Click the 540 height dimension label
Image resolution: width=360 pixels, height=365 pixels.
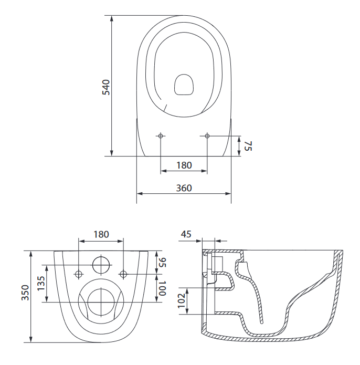coord(105,87)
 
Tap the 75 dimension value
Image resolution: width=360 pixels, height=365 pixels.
coord(248,146)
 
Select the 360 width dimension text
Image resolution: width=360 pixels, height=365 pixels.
coord(184,187)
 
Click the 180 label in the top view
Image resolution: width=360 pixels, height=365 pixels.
coord(184,165)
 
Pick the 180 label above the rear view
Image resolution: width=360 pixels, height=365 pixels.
coord(101,234)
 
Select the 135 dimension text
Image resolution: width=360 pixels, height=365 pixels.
coord(41,284)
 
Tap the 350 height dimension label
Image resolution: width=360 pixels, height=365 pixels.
coord(25,294)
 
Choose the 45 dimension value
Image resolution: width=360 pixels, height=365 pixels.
coord(186,234)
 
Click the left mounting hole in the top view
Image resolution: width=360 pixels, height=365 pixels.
coord(161,137)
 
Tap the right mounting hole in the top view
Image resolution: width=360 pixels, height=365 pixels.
coord(207,137)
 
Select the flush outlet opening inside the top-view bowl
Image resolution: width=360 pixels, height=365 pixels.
coord(184,85)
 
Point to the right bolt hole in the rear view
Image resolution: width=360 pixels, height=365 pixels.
coord(124,274)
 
